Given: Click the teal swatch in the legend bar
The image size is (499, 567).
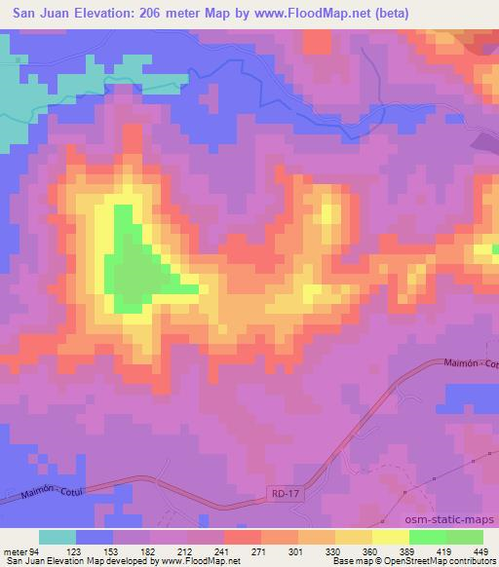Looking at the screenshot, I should (58, 537).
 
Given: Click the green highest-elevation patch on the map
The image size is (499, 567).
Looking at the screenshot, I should (131, 263).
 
